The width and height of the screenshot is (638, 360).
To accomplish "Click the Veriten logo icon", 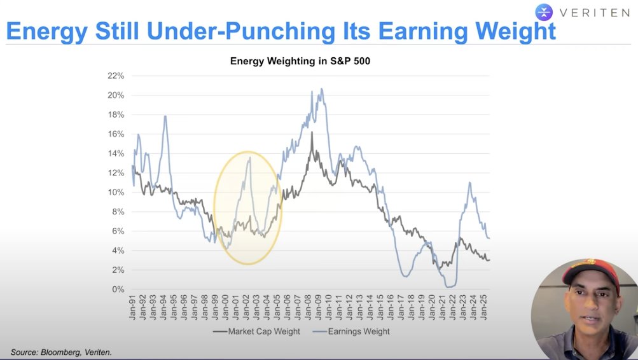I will tap(544, 11).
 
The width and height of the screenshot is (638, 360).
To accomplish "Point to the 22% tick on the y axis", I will tap(116, 76).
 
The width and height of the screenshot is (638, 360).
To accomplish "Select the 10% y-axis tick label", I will tap(116, 192).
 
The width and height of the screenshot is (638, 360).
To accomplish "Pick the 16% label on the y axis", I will tap(116, 134).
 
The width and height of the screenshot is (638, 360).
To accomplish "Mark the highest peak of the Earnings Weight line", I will tap(322, 89).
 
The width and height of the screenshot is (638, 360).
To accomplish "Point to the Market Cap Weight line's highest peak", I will tap(312, 132).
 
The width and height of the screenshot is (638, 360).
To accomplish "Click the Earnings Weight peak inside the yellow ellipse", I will tap(250, 157).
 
